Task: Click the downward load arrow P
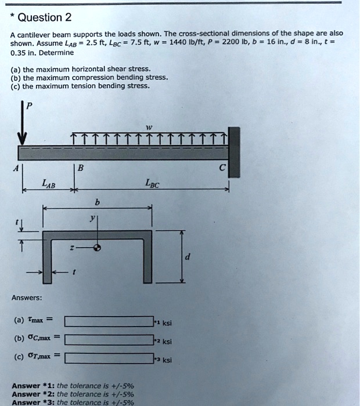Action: pyautogui.click(x=23, y=124)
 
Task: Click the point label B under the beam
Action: pyautogui.click(x=80, y=169)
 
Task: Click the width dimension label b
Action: pyautogui.click(x=96, y=202)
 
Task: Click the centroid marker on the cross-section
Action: pyautogui.click(x=98, y=247)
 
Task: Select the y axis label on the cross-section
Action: pyautogui.click(x=91, y=218)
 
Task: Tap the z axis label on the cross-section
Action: pyautogui.click(x=73, y=246)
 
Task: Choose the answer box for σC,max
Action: pyautogui.click(x=108, y=340)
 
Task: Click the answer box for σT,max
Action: pyautogui.click(x=108, y=357)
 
